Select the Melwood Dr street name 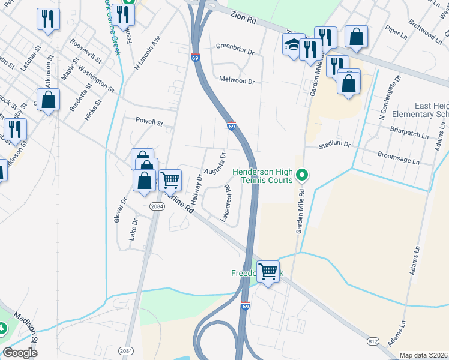pyautogui.click(x=237, y=80)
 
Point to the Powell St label pyautogui.click(x=149, y=122)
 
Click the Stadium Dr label pyautogui.click(x=334, y=145)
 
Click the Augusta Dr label pyautogui.click(x=215, y=163)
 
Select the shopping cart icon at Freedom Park pyautogui.click(x=268, y=271)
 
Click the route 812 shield pyautogui.click(x=373, y=341)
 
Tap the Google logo pyautogui.click(x=20, y=353)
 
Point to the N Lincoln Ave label pyautogui.click(x=148, y=52)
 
